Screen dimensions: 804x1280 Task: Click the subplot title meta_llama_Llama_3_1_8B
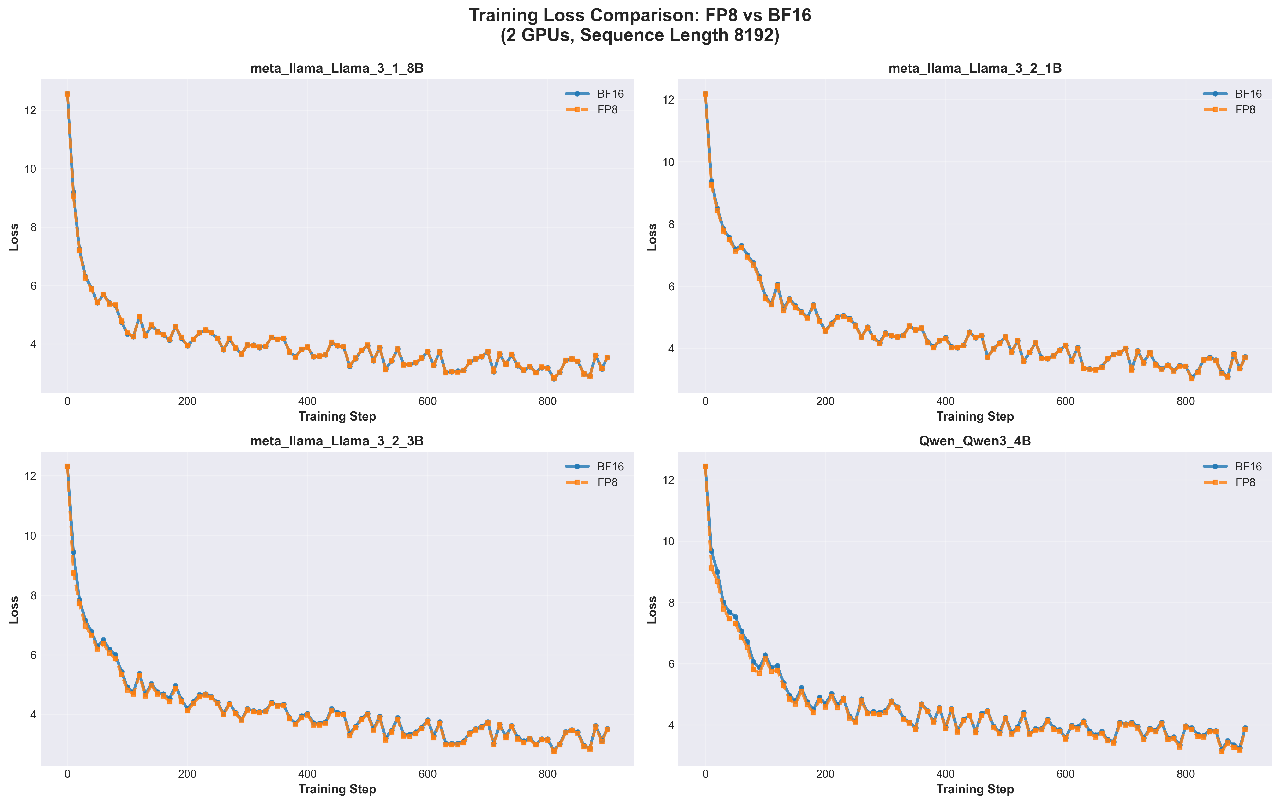pyautogui.click(x=337, y=69)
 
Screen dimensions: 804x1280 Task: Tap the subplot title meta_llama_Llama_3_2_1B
pyautogui.click(x=975, y=69)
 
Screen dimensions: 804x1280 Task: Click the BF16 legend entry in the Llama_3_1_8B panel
pyautogui.click(x=610, y=94)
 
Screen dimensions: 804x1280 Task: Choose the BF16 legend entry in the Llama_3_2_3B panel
pyautogui.click(x=610, y=467)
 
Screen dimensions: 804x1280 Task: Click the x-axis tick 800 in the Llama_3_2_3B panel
pyautogui.click(x=547, y=774)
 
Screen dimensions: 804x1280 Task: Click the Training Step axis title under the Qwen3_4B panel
pyautogui.click(x=975, y=789)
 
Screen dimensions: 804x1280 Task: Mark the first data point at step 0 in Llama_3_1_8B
pyautogui.click(x=68, y=94)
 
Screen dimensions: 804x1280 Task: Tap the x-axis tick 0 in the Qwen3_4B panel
pyautogui.click(x=705, y=774)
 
